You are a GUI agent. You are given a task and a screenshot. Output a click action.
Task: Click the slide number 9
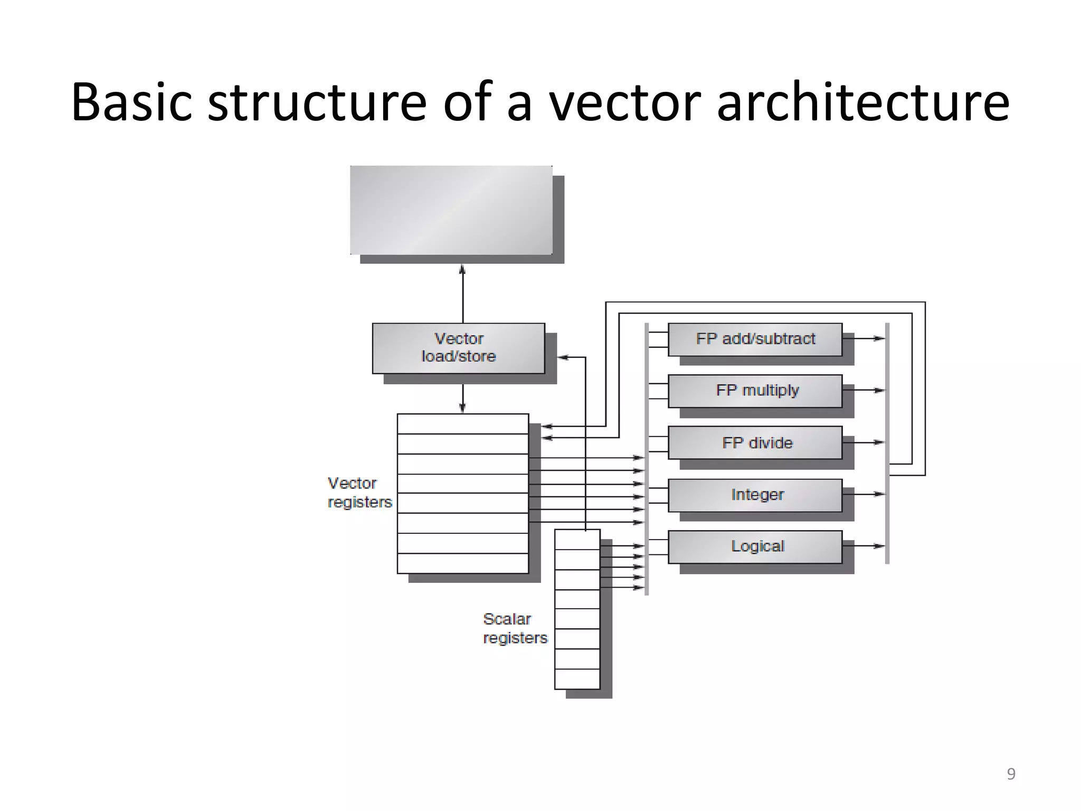(1011, 774)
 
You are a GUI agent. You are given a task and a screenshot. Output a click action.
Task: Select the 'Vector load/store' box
(458, 348)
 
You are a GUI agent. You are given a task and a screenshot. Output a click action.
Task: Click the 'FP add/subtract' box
(755, 339)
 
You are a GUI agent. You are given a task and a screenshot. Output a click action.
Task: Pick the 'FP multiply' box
(755, 391)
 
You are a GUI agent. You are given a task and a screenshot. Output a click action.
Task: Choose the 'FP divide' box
(755, 442)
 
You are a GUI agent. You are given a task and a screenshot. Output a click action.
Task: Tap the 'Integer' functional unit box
(755, 495)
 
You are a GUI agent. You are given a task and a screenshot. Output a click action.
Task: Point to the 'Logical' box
(755, 546)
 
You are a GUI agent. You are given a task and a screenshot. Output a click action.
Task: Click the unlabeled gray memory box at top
(451, 210)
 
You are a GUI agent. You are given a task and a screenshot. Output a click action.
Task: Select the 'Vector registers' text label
(359, 492)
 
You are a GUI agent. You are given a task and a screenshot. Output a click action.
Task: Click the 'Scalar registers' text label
(515, 628)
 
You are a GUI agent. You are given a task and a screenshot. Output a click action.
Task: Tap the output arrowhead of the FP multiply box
(879, 390)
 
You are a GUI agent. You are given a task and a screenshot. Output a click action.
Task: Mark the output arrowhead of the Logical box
(879, 546)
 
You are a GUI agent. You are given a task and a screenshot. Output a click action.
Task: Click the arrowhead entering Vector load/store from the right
(563, 357)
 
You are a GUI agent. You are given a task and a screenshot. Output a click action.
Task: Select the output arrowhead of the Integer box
(879, 494)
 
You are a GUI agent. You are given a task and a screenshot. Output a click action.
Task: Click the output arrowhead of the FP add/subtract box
(879, 338)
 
